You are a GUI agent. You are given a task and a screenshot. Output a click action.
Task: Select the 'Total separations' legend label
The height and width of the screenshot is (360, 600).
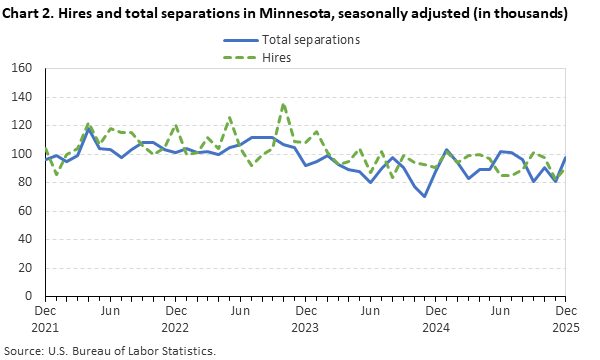[x=310, y=40]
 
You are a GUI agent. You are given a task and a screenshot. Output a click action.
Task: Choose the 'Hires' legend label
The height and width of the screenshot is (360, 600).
[x=277, y=58]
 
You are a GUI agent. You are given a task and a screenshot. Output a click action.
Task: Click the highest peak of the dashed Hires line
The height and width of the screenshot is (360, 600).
[x=283, y=104]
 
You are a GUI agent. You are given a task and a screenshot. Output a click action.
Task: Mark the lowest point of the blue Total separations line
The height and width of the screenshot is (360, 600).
[x=424, y=196]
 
